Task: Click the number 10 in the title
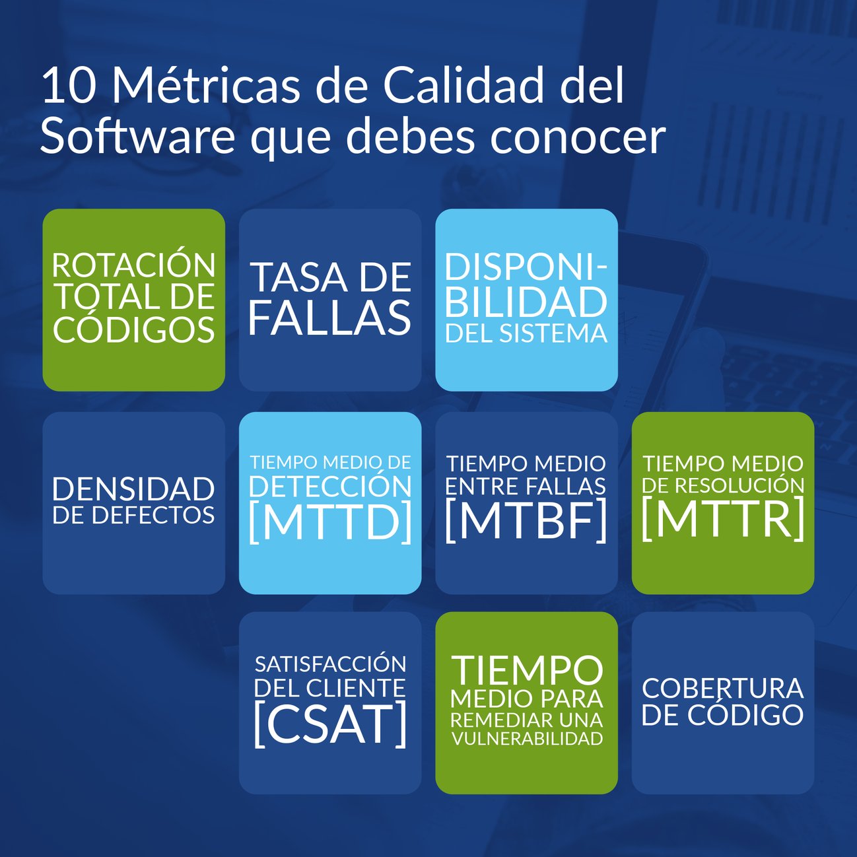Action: point(68,86)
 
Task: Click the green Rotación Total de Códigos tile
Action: point(134,300)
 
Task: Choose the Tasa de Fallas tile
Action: point(330,300)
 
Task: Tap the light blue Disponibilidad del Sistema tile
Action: point(526,300)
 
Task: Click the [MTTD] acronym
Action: point(330,522)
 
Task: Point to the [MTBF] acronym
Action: point(526,520)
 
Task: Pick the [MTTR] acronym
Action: point(723,519)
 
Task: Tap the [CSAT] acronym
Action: point(330,724)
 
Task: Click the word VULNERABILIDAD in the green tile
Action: point(527,739)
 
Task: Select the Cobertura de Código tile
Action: point(723,703)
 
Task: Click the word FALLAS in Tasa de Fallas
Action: point(330,318)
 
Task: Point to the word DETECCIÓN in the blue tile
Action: point(330,487)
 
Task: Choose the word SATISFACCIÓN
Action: point(330,664)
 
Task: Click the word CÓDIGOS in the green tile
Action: point(134,330)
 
